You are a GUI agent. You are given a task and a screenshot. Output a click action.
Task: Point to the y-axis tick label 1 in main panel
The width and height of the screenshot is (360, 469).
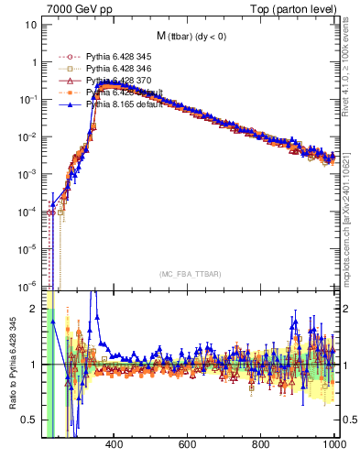click(x=34, y=62)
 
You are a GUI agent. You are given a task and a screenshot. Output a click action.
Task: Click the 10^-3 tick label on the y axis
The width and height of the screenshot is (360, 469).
click(x=27, y=174)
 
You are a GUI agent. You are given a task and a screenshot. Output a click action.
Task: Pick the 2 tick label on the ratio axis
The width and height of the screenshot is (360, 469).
click(x=34, y=309)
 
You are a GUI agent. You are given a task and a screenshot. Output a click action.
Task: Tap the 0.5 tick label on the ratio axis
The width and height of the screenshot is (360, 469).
click(x=30, y=420)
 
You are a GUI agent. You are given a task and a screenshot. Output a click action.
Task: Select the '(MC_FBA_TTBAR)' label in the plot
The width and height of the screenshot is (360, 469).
click(x=189, y=275)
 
